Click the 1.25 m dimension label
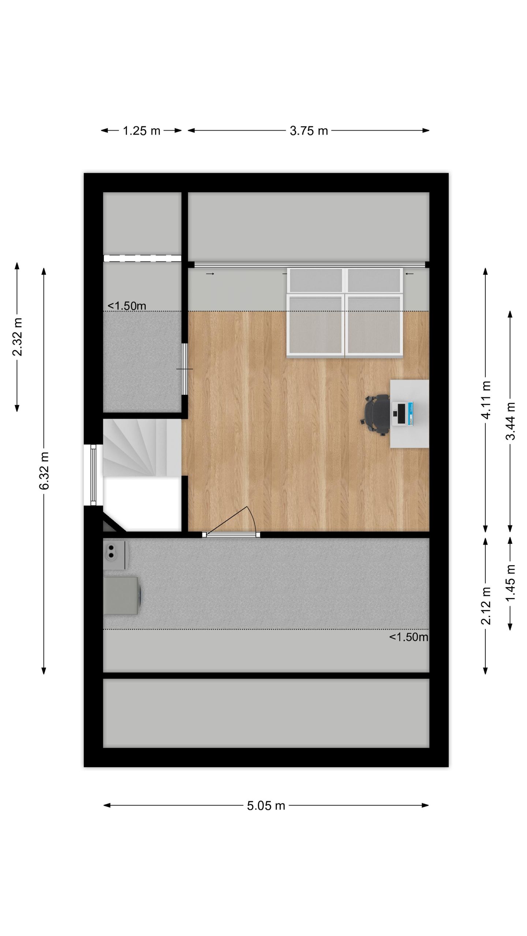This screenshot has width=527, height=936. tap(141, 131)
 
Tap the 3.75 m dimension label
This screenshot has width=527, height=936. tap(309, 131)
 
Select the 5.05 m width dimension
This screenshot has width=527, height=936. tap(266, 805)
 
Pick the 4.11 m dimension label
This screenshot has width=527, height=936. tap(486, 400)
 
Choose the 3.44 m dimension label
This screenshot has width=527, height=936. tap(510, 421)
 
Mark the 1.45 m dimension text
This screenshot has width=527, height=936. tap(510, 582)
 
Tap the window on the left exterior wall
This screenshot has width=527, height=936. tap(93, 475)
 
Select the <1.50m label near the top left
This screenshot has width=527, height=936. tap(127, 306)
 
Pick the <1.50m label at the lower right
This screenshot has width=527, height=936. tap(408, 637)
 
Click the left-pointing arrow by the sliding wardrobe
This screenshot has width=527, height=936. tap(410, 273)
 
